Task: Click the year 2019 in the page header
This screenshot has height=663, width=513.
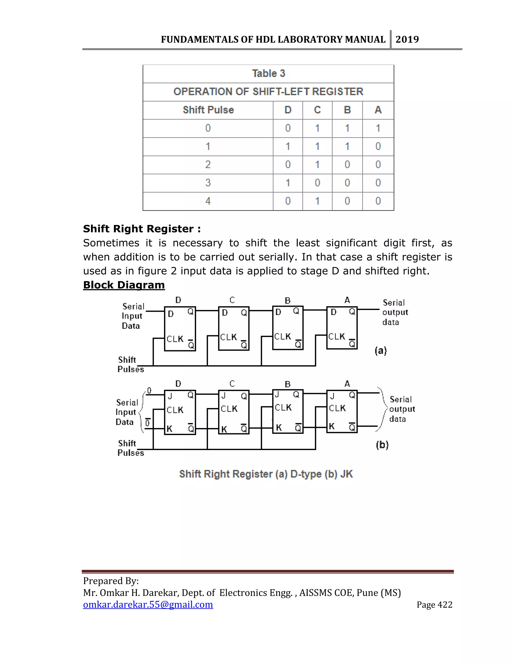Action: [x=407, y=40]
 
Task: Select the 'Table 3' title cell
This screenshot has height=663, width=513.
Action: [x=268, y=74]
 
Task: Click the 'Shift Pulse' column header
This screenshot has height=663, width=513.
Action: [x=208, y=110]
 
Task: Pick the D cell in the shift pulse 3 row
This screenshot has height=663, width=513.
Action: [x=288, y=183]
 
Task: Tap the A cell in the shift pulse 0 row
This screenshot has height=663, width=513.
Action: [x=378, y=128]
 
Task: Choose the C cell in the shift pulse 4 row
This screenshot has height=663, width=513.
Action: [x=317, y=201]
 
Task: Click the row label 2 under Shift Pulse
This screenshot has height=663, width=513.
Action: [x=208, y=165]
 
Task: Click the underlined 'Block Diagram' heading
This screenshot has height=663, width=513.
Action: [x=124, y=285]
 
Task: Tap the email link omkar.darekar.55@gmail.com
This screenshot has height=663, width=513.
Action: [x=148, y=604]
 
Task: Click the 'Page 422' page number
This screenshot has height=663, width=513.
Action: [x=434, y=605]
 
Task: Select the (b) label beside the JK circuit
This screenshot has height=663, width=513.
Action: [x=382, y=445]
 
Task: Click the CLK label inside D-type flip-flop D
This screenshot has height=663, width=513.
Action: [x=175, y=339]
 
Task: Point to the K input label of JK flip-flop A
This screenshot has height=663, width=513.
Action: [x=332, y=426]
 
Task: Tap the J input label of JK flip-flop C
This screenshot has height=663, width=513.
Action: [x=223, y=396]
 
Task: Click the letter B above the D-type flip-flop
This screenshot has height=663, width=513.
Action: [x=288, y=300]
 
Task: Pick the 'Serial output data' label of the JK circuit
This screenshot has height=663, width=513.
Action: [x=402, y=409]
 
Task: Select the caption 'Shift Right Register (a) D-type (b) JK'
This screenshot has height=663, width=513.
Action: [x=266, y=474]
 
